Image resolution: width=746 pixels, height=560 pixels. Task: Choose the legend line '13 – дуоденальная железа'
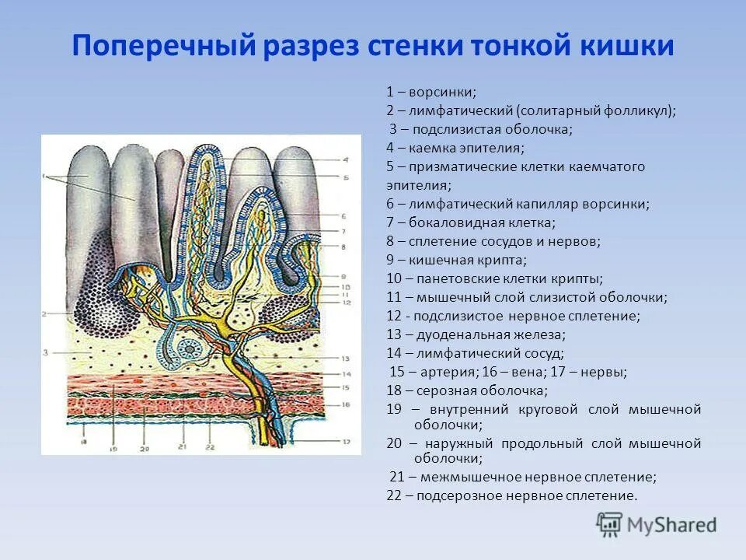click(x=476, y=334)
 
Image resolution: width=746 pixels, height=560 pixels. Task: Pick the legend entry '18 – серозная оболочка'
click(x=467, y=390)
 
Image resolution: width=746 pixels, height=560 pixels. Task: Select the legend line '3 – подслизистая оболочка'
click(x=481, y=129)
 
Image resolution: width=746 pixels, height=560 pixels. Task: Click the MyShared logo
click(x=657, y=523)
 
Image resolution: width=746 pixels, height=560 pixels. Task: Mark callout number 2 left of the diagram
click(x=46, y=313)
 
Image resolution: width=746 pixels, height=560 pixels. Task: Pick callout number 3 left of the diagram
click(x=46, y=352)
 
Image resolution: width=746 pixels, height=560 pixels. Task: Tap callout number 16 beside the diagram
click(x=346, y=404)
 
